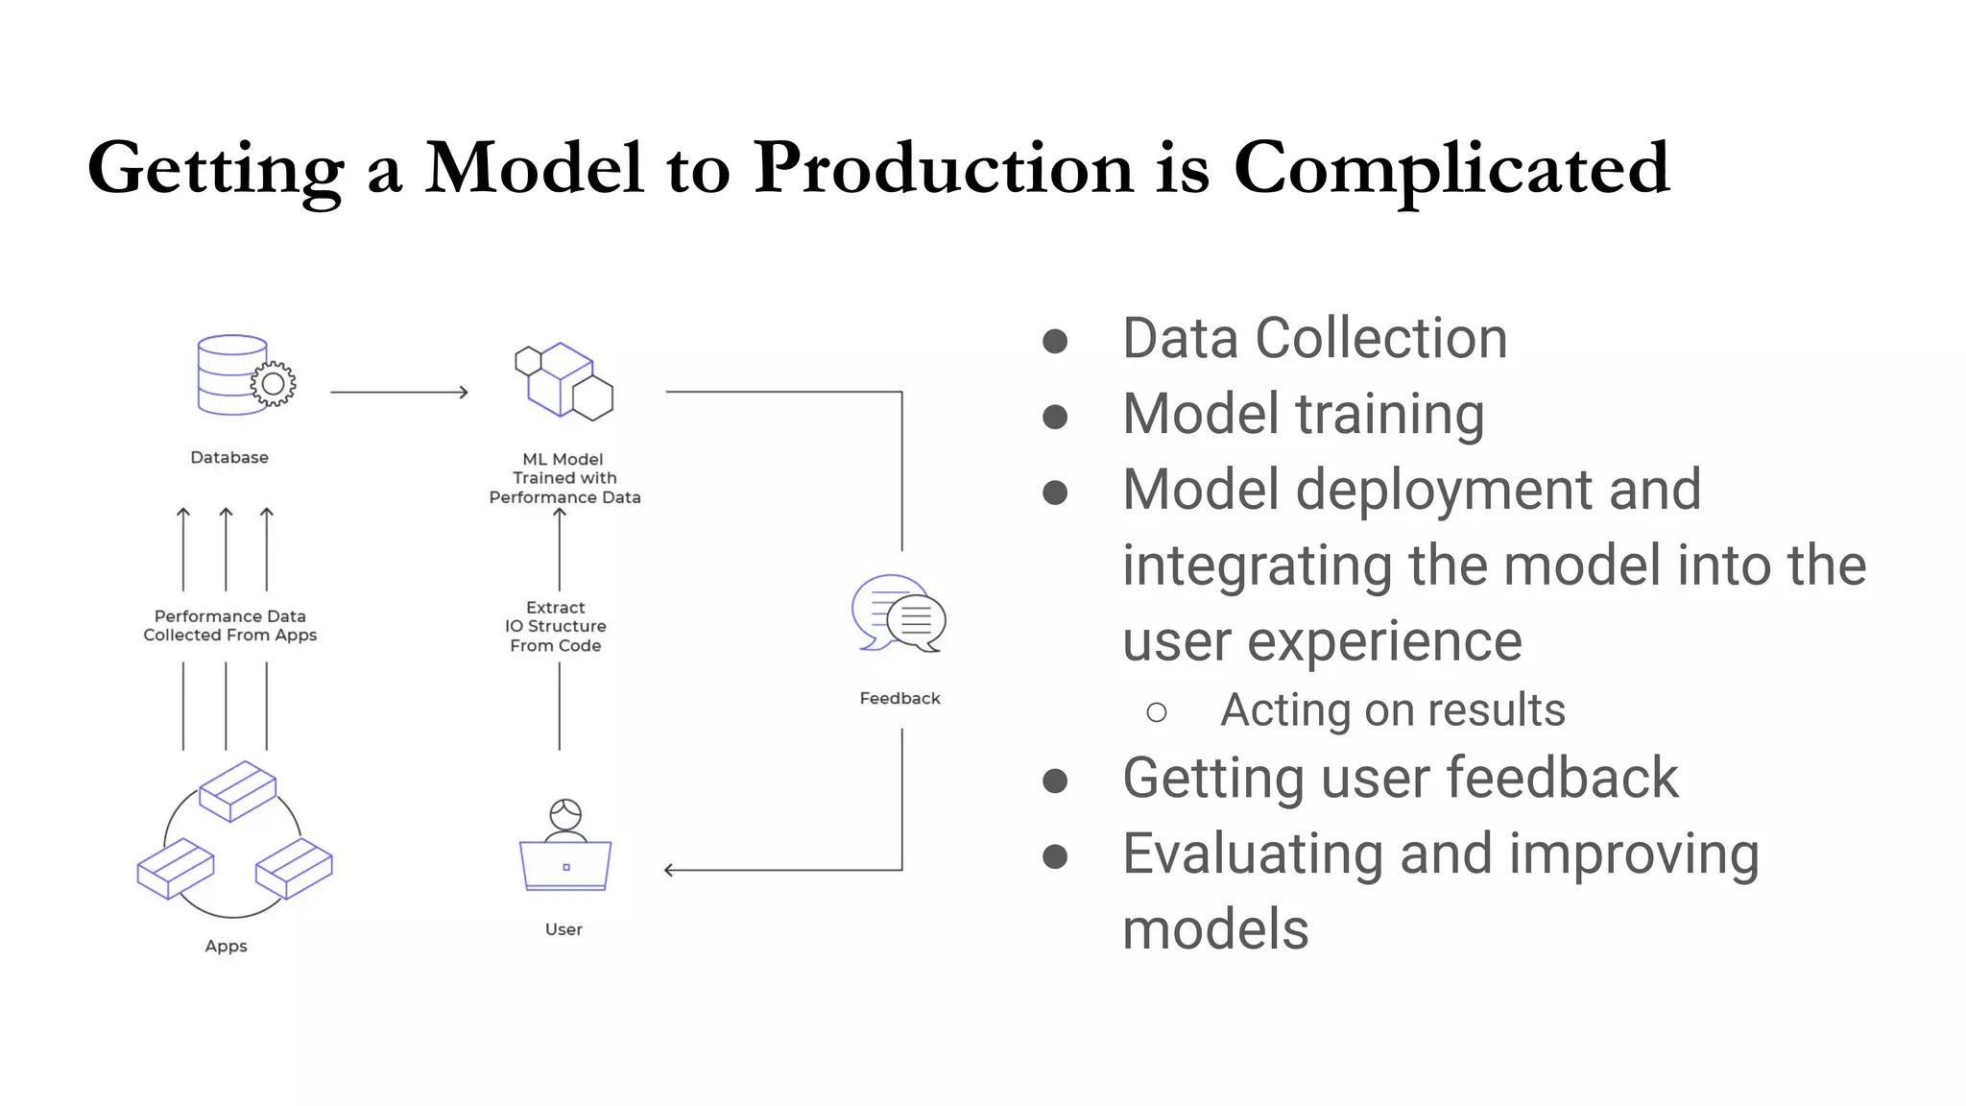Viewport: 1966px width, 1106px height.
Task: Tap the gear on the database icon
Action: click(x=274, y=384)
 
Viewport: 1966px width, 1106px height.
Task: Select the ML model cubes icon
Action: click(x=564, y=381)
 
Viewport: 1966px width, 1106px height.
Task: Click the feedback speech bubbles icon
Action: click(x=899, y=613)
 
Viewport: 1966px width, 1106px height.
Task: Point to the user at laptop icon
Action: click(x=565, y=846)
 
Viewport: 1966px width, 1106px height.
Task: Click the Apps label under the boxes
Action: click(x=226, y=946)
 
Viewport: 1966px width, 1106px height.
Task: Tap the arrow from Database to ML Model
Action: click(x=398, y=392)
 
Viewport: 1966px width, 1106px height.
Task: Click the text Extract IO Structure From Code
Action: click(x=556, y=626)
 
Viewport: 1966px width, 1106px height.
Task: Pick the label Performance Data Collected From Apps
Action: click(x=230, y=625)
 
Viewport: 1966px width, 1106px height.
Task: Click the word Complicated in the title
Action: click(x=1451, y=168)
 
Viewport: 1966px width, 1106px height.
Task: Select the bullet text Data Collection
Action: click(x=1314, y=338)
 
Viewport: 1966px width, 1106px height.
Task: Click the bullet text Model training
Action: click(x=1303, y=414)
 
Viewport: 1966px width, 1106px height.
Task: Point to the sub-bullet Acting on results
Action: click(x=1392, y=710)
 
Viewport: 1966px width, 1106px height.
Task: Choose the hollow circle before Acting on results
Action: click(x=1157, y=712)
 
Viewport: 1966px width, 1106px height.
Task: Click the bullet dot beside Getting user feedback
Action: click(x=1055, y=781)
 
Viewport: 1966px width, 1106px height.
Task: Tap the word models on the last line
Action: click(x=1215, y=929)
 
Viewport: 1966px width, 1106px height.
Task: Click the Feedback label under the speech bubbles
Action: click(x=899, y=698)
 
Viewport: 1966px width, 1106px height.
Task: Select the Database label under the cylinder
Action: click(x=229, y=457)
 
